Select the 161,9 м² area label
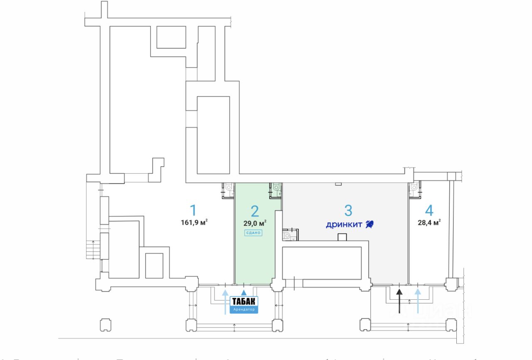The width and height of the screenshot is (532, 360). coord(194,222)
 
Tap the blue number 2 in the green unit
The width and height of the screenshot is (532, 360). coord(255,211)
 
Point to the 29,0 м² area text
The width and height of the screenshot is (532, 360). coord(255,223)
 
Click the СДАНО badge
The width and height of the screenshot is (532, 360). coord(253,233)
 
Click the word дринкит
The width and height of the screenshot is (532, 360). coord(344,225)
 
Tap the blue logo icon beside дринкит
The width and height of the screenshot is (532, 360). coord(369,225)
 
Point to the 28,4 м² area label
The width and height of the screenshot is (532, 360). coord(429,222)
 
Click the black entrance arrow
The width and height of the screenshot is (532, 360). coord(399,300)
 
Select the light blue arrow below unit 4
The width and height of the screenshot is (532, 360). coord(418,300)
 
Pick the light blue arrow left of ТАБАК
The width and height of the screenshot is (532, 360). coord(225,302)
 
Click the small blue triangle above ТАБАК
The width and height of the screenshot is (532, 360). coord(244,293)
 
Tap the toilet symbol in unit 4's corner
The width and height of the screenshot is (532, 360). coord(414,188)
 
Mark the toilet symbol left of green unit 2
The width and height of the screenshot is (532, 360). coord(228,189)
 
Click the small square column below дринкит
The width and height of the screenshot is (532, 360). coord(342,237)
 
